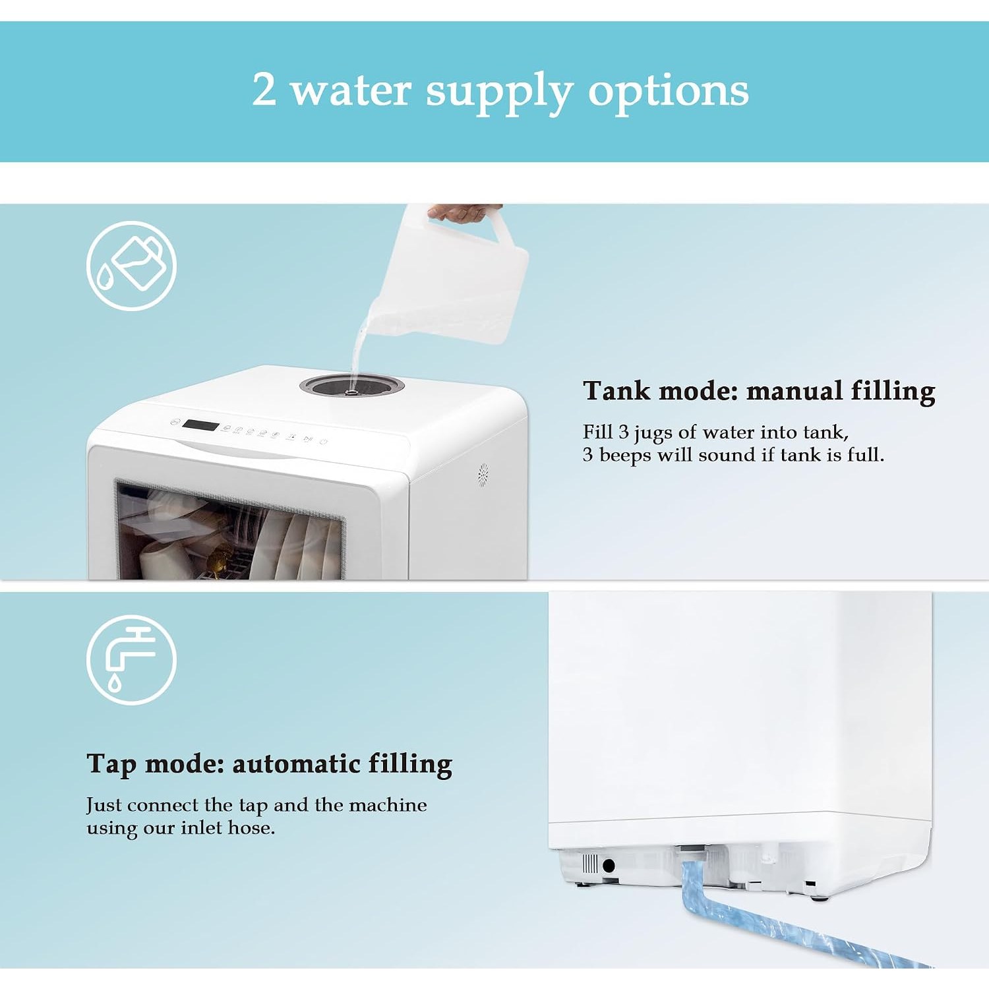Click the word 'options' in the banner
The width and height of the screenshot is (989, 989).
(x=668, y=92)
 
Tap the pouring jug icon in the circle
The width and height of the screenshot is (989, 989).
(x=131, y=266)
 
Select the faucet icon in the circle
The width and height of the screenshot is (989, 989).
(x=131, y=660)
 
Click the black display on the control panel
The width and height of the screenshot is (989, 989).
(x=200, y=425)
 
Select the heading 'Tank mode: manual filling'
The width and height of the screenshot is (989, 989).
(x=759, y=391)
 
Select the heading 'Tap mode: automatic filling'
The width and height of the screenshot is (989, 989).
(x=269, y=764)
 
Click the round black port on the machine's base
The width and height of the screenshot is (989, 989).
(x=609, y=865)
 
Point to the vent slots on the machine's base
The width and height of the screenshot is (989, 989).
(x=590, y=864)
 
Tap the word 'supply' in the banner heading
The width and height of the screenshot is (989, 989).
(x=498, y=92)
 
